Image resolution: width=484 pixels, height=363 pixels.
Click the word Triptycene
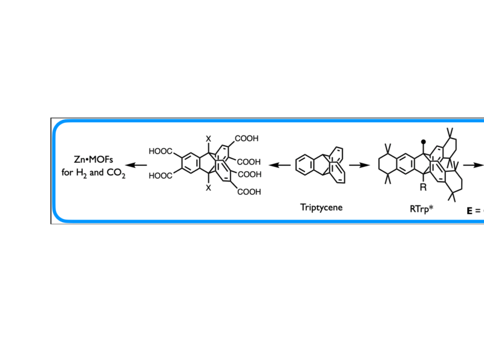tap(321, 208)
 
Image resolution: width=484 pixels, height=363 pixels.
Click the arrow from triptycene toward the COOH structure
tap(279, 165)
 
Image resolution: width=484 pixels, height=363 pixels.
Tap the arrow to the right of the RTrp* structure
tap(474, 165)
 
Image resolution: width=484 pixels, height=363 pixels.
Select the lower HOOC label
tap(161, 177)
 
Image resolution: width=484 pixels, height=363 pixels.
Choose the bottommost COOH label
tap(249, 192)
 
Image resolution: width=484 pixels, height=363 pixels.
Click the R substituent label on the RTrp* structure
tap(423, 188)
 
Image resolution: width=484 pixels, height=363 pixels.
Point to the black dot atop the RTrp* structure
tap(423, 141)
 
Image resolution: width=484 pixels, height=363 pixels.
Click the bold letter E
tap(469, 211)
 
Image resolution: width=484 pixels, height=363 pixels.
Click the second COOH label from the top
tap(249, 162)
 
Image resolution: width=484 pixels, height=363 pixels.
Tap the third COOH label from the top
tap(249, 175)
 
